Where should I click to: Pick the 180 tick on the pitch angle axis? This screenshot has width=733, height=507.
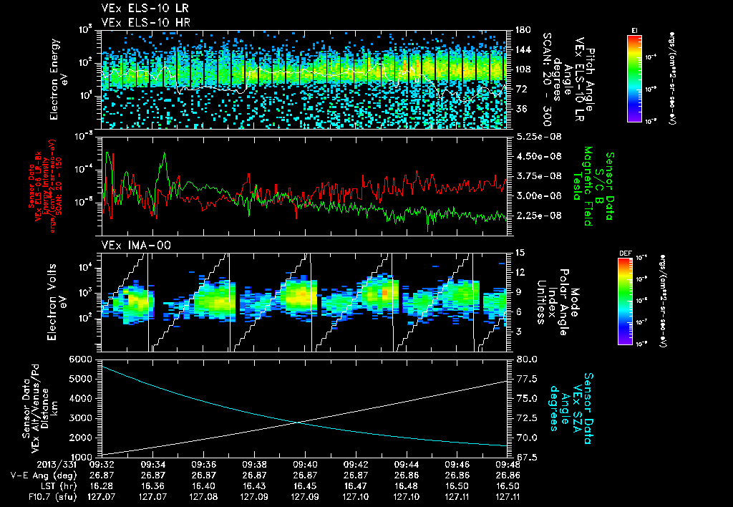(x=518, y=30)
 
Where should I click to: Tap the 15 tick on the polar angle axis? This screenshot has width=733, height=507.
(x=516, y=253)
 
